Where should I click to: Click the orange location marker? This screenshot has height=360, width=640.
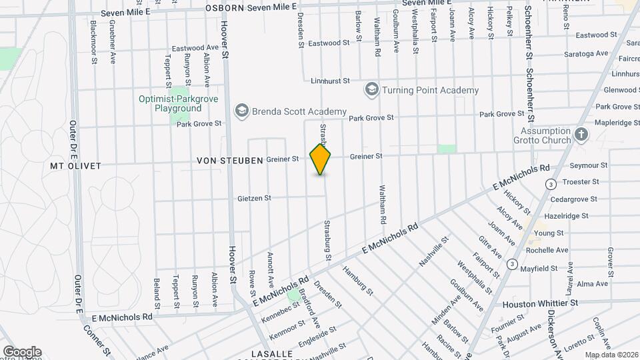[321, 159]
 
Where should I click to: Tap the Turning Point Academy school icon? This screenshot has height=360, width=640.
[371, 89]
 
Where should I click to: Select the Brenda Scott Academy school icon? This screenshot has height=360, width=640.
[241, 111]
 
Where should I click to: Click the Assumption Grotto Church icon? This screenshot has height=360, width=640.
[581, 135]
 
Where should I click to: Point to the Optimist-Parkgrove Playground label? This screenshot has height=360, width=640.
[169, 103]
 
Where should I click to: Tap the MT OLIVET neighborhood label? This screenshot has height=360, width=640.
[75, 164]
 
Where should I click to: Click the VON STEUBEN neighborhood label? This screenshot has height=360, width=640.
[229, 161]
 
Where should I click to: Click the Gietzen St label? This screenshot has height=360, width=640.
[254, 198]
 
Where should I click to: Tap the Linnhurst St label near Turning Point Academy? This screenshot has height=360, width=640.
[330, 81]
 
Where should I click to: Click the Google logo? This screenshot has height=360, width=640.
[22, 352]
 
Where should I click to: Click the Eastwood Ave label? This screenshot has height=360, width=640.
[195, 48]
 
